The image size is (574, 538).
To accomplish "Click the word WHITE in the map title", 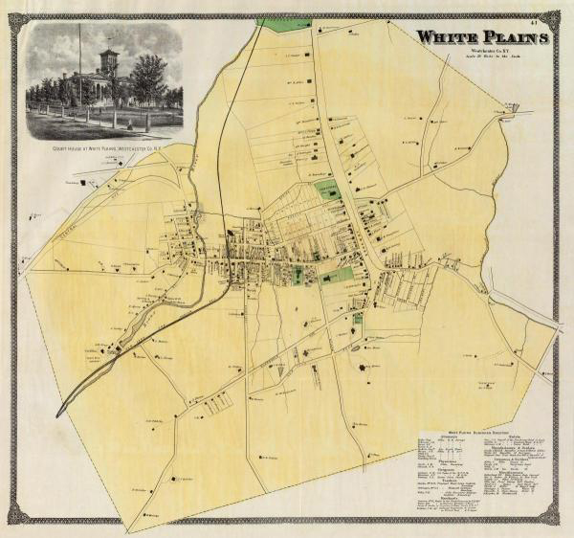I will pos(447,37).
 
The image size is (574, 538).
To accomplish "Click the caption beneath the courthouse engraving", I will pos(104,150).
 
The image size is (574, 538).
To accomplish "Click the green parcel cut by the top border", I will pos(284,23).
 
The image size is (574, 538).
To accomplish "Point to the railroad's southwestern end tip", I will pos(59,414).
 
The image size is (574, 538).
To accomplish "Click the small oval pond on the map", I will pos(356,348).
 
